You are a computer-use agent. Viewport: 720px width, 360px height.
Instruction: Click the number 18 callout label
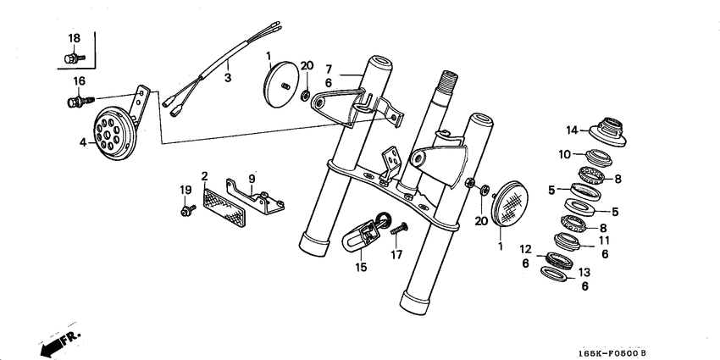(75, 39)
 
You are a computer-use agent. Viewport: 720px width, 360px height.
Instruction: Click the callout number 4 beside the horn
(84, 142)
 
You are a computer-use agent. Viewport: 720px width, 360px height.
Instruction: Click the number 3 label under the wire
(227, 77)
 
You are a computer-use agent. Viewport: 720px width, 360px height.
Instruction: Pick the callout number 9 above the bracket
(252, 177)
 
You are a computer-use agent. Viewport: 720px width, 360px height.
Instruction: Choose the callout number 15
(362, 268)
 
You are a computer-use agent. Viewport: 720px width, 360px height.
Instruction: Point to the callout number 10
(564, 154)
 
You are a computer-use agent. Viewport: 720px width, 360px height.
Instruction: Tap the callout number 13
(584, 272)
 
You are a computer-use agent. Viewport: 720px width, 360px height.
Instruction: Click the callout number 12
(525, 250)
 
